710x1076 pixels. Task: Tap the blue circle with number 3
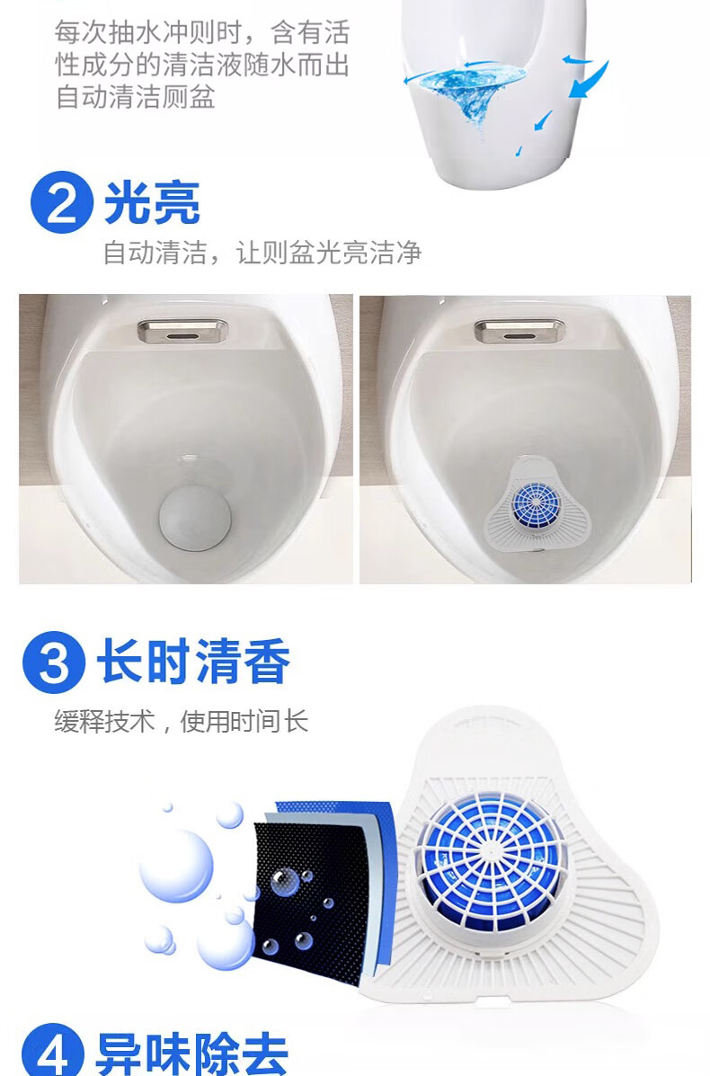click(54, 662)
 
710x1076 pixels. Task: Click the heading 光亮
click(152, 203)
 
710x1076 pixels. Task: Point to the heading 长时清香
click(193, 662)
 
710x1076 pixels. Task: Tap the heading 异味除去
click(192, 1054)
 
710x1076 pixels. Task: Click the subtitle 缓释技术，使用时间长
click(182, 721)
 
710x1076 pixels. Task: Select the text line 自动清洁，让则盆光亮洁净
click(262, 253)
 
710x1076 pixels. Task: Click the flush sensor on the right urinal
click(519, 331)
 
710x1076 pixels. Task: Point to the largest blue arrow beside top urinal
click(590, 80)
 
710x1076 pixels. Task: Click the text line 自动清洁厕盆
click(135, 97)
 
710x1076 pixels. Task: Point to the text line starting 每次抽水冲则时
click(202, 32)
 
